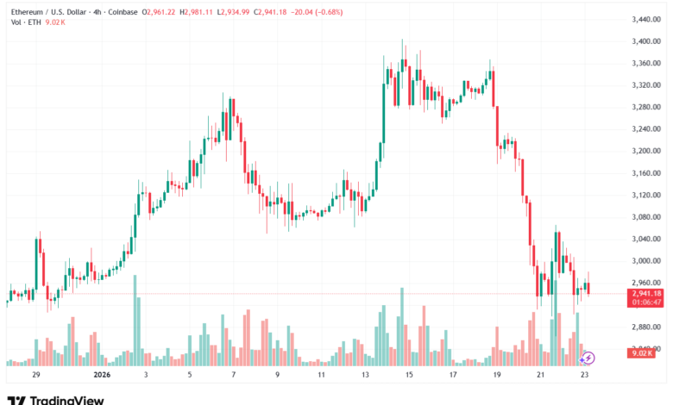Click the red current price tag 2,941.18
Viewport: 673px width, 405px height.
(x=646, y=293)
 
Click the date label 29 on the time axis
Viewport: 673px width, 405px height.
(x=35, y=376)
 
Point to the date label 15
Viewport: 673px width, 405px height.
(x=408, y=376)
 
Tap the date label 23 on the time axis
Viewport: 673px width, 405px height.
(x=583, y=376)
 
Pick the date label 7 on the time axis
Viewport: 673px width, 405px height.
(x=233, y=376)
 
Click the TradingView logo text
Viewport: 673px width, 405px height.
(x=66, y=400)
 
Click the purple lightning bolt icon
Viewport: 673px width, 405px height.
(x=587, y=357)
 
